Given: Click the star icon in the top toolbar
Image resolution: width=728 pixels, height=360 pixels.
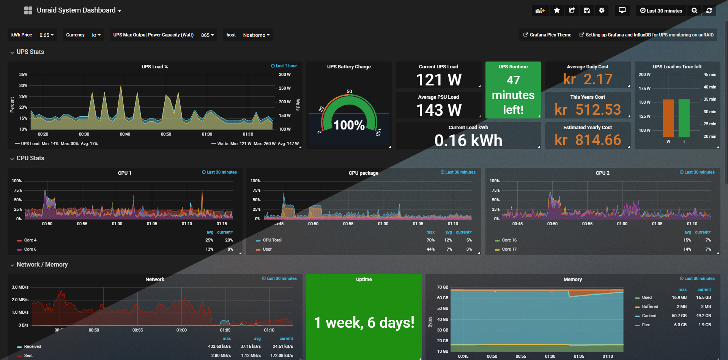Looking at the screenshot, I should point(557,11).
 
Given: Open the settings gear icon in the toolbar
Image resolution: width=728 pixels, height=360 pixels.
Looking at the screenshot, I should point(602,11).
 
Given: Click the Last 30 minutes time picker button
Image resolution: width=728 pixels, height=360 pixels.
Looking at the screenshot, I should point(661,11).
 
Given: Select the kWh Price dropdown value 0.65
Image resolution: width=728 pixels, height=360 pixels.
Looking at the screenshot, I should point(46,35).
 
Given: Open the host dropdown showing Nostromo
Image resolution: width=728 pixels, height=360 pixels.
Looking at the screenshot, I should point(256,35).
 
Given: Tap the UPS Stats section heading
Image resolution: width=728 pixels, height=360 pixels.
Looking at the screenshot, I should point(30,52).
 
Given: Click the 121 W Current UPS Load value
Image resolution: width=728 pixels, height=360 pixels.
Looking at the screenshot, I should point(438,80).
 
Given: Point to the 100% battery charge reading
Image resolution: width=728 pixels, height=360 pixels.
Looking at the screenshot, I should point(349,125).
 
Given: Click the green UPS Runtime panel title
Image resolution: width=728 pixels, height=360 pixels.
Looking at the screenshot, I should point(513,67).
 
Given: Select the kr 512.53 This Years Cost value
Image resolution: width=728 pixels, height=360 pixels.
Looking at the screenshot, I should point(588,110).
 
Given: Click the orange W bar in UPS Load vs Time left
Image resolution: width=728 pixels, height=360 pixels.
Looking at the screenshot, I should point(668,118).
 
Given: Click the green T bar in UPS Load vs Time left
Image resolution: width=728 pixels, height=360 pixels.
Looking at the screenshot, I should point(684,117).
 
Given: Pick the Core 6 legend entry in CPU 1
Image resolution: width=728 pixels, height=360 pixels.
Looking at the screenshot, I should point(30,249).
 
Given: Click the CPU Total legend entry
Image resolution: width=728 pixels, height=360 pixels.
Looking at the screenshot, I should point(272,240).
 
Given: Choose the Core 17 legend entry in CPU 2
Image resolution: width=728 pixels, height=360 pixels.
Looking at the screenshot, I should point(509,249).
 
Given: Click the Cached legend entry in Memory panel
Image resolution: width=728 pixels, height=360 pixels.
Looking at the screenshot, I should point(649,316).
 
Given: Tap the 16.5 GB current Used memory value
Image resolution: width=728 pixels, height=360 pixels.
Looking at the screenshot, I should point(703,298).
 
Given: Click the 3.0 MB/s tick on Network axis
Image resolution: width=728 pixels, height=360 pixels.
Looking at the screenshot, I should point(20,287).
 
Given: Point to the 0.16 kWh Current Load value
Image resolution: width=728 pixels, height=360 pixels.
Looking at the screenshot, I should point(468,141).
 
